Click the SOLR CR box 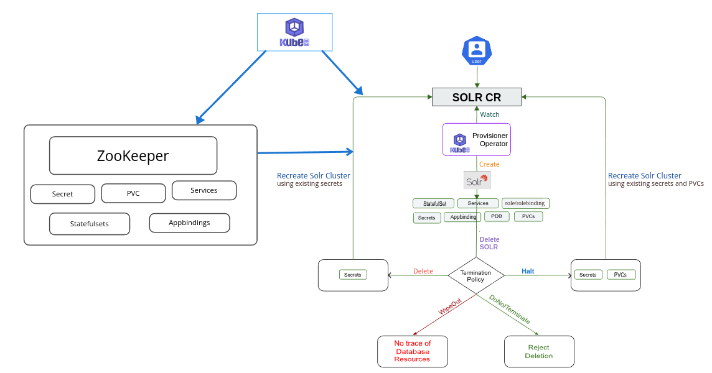coord(477,97)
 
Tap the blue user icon coord(477,50)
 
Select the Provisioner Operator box coord(477,139)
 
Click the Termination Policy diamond coord(475,276)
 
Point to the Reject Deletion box coord(539,351)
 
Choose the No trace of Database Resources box coord(412,351)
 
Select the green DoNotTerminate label coord(510,309)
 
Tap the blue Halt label coord(528,271)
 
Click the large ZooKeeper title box coord(133,155)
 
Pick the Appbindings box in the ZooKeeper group coord(189,223)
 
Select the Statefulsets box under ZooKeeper coord(90,224)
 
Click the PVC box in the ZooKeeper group coord(133,193)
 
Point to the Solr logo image coord(477,180)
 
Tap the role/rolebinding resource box coord(525,203)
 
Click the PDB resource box coord(497,217)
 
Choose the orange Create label coord(489,164)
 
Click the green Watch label coord(490,114)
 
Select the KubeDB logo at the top coord(294,32)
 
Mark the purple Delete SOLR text coord(489,243)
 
